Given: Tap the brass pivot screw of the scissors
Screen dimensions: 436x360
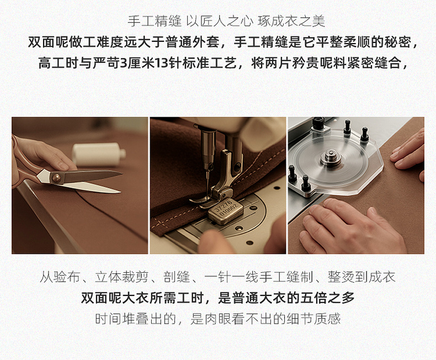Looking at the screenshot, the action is (56, 177).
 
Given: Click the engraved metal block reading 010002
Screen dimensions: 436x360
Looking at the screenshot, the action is (225, 210).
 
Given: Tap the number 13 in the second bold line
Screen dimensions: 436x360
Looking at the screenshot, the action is (161, 63).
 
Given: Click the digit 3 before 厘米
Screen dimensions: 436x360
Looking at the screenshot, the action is (124, 63).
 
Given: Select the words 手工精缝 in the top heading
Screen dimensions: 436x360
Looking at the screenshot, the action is (155, 21).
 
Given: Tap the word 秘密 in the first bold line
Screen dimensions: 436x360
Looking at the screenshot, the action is (398, 43).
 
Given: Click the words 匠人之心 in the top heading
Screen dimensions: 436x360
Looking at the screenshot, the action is (227, 21).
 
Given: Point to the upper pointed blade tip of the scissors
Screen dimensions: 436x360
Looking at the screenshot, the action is (121, 173).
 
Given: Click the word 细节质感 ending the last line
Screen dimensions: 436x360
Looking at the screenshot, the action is (313, 319).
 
